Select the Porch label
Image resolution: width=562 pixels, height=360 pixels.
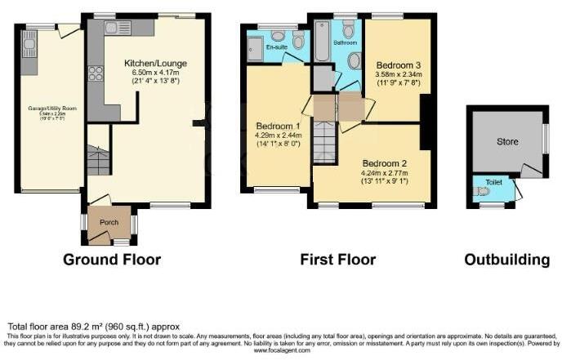(x=109, y=222)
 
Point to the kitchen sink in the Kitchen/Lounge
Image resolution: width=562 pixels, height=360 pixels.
(x=113, y=28)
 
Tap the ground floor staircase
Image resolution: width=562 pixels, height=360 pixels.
(x=98, y=160)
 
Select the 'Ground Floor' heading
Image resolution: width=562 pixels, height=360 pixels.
(x=113, y=260)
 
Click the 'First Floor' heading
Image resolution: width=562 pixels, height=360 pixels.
(x=337, y=260)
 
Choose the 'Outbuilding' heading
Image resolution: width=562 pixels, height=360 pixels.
(x=506, y=260)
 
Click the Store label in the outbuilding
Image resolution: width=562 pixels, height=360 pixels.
(x=507, y=142)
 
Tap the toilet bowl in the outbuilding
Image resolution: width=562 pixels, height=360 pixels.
(x=482, y=191)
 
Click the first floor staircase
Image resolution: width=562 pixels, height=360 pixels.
(x=324, y=144)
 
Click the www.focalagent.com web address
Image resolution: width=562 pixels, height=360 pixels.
(x=282, y=350)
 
